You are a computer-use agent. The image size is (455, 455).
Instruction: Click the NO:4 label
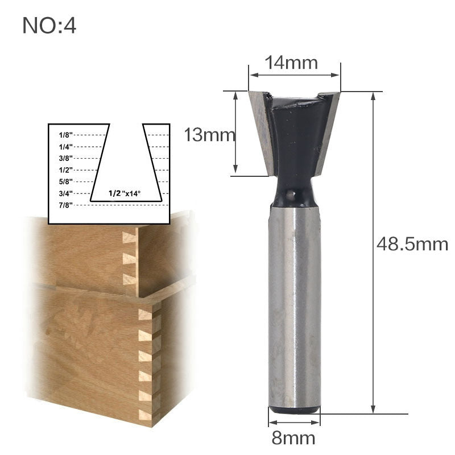[x=49, y=26]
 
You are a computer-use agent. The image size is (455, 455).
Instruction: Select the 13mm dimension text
[x=209, y=135]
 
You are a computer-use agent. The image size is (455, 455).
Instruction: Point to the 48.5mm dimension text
[x=412, y=244]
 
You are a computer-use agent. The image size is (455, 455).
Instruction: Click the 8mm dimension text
[x=294, y=439]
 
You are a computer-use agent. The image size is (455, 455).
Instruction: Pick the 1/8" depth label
[x=65, y=135]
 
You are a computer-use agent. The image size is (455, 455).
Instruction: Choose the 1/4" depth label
[x=65, y=147]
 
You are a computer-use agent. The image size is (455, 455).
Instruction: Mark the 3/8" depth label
[x=65, y=158]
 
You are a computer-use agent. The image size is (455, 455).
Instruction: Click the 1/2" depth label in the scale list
[x=65, y=170]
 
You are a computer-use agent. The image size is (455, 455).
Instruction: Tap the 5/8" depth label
[x=65, y=182]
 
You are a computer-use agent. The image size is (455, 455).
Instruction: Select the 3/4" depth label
[x=65, y=194]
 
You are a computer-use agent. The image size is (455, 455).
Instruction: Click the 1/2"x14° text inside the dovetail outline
[x=125, y=194]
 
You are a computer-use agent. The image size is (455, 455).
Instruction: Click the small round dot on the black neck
[x=291, y=195]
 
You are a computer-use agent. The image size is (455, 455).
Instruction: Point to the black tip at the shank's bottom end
[x=294, y=408]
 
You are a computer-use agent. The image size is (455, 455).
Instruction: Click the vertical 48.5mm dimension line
[x=373, y=318]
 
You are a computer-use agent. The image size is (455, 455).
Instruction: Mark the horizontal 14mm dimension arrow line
[x=294, y=74]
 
